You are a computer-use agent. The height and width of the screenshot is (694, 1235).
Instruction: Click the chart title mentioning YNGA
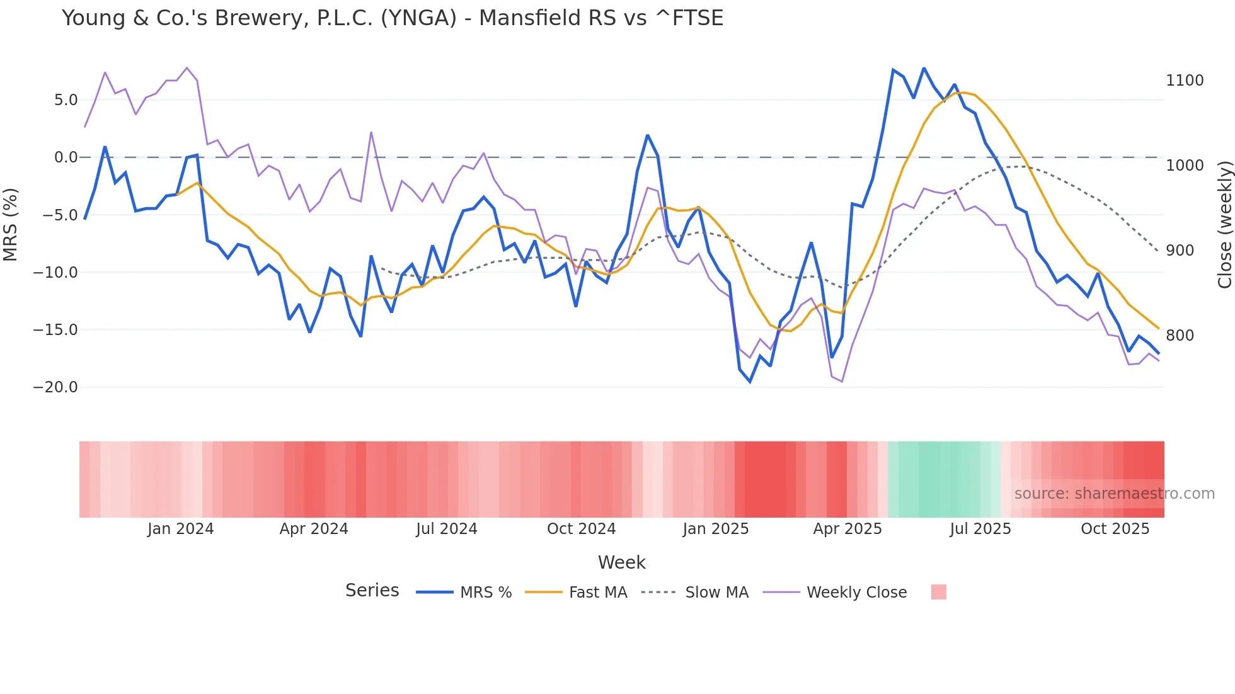[392, 18]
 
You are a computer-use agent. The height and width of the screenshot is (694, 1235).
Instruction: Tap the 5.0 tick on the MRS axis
[66, 100]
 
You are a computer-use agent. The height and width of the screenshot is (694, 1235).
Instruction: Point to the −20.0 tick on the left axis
[55, 387]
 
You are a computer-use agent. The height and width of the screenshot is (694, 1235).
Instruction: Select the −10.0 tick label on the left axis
[55, 273]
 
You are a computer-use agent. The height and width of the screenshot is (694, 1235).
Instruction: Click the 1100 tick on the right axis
[1185, 81]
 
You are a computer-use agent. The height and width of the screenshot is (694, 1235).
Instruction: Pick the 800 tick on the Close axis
[1180, 336]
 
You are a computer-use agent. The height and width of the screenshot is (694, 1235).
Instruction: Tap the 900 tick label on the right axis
[1180, 251]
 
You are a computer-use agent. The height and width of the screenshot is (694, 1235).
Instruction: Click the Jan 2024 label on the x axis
[180, 529]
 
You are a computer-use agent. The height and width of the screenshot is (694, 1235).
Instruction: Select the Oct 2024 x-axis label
[581, 529]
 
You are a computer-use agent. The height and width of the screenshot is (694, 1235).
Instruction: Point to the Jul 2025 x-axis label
[980, 529]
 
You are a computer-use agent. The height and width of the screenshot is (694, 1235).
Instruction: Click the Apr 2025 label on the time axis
[847, 529]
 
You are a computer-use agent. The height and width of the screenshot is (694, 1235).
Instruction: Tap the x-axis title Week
[621, 562]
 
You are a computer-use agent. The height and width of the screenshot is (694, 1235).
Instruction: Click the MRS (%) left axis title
[11, 224]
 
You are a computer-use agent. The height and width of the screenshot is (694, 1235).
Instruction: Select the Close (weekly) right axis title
[1224, 225]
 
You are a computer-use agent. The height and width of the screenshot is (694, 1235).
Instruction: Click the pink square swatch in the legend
[938, 592]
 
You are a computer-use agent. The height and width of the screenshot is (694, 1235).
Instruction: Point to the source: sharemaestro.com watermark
[1114, 494]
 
